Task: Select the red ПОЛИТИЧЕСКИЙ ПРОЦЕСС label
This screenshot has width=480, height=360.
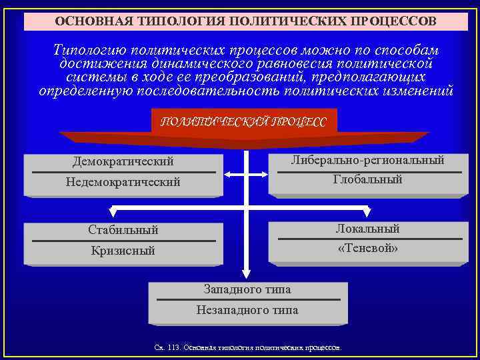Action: tap(244, 121)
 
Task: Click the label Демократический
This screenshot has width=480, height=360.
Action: tap(123, 161)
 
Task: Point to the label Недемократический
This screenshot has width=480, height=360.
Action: tap(123, 182)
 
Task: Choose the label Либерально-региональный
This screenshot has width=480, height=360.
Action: tap(368, 160)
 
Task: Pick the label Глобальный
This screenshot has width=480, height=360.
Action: tap(368, 180)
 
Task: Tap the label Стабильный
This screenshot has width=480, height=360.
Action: tap(123, 230)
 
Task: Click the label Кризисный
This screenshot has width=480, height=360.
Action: tap(123, 251)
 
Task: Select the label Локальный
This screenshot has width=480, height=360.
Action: tap(368, 229)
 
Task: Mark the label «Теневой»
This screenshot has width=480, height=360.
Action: tap(368, 249)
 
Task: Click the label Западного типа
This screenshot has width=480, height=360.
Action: tap(247, 289)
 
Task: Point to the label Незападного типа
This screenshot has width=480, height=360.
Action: tap(247, 310)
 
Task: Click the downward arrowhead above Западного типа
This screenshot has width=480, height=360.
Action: tap(247, 273)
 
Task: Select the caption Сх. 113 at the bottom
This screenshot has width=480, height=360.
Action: tap(247, 347)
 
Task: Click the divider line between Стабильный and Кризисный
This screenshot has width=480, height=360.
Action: tap(123, 240)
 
